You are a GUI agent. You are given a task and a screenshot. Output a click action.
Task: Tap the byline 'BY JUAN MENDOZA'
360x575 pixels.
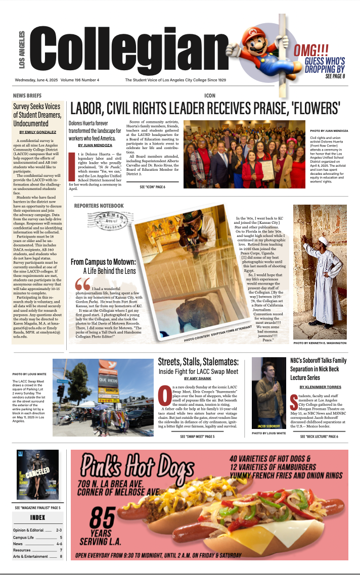coord(95,145)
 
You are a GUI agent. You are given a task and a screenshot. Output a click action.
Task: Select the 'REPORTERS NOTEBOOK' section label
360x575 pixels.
coord(99,206)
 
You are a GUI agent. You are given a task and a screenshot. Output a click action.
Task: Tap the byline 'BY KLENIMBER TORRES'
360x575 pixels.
coord(319,387)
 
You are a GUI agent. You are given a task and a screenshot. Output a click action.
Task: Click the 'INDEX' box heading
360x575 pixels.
coord(37,518)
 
